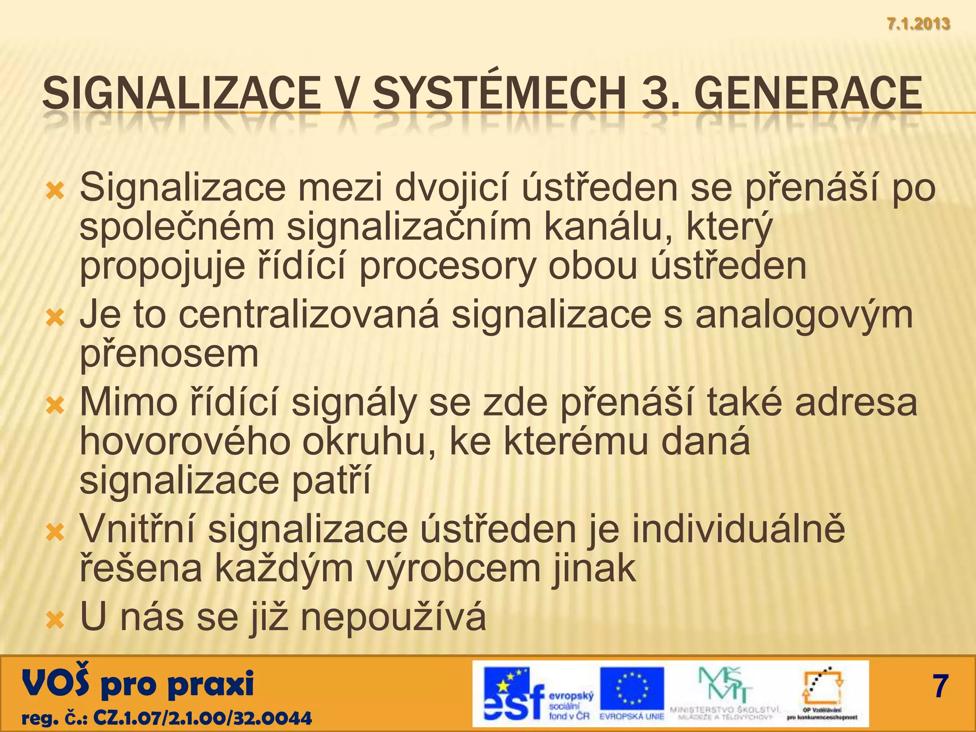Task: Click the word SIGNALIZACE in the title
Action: [182, 93]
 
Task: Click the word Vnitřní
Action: [137, 529]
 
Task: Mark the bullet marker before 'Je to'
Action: [54, 317]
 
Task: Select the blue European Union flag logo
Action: [632, 689]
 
